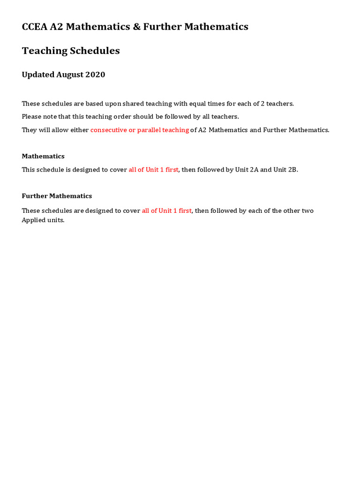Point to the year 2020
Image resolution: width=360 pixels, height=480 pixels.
click(95, 75)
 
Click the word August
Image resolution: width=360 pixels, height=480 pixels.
click(69, 75)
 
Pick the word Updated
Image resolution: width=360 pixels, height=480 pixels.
click(37, 75)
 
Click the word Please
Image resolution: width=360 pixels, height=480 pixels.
click(31, 117)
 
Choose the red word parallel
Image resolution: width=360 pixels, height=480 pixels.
click(148, 130)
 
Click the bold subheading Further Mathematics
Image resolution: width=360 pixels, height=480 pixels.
click(57, 196)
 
